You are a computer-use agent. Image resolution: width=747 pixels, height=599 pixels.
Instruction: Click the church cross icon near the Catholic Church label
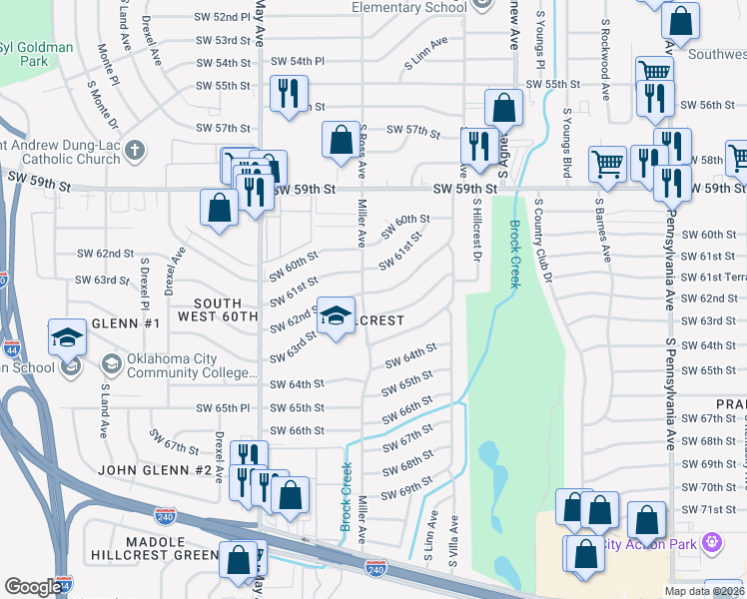pyautogui.click(x=135, y=151)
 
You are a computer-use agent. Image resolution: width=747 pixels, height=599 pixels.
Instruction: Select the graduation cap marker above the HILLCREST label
pyautogui.click(x=337, y=315)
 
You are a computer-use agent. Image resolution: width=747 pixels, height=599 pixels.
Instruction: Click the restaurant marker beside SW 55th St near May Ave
pyautogui.click(x=290, y=95)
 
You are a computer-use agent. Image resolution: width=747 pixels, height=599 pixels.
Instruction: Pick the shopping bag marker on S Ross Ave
pyautogui.click(x=341, y=139)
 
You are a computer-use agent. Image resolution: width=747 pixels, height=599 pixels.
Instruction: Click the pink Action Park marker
pyautogui.click(x=711, y=544)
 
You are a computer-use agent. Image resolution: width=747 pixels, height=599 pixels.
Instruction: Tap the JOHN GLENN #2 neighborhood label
pyautogui.click(x=155, y=469)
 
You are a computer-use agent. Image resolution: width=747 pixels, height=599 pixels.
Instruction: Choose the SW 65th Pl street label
pyautogui.click(x=223, y=408)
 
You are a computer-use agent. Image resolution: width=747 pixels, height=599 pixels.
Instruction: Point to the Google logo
pyautogui.click(x=33, y=587)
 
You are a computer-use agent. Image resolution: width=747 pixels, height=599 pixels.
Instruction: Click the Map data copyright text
pyautogui.click(x=704, y=591)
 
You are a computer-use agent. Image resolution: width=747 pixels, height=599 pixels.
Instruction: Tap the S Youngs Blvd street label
pyautogui.click(x=566, y=139)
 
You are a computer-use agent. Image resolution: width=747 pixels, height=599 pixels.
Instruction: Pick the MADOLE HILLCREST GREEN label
pyautogui.click(x=155, y=548)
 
